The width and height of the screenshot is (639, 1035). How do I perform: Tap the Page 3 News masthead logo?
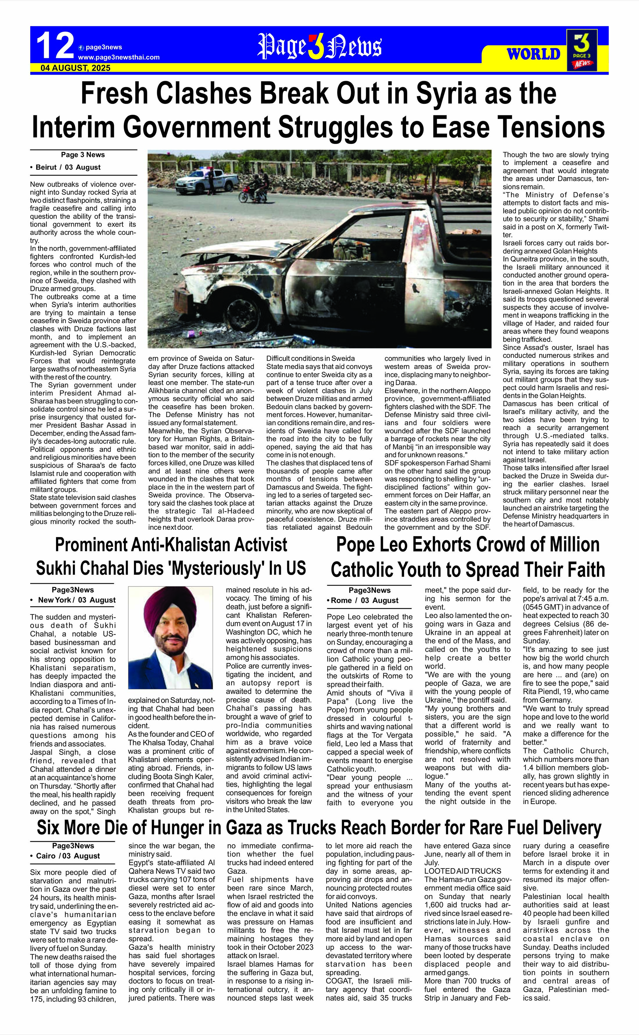[319, 46]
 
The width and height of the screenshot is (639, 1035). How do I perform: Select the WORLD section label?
[533, 54]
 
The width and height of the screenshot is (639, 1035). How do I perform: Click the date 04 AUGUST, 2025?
[76, 68]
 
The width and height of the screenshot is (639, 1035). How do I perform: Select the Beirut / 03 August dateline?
[66, 167]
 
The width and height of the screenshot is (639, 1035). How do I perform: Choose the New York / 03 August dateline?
[73, 600]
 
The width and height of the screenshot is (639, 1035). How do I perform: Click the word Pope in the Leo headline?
[360, 545]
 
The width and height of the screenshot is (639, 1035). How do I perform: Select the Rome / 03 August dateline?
[362, 600]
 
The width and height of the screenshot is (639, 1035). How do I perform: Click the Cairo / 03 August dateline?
[66, 856]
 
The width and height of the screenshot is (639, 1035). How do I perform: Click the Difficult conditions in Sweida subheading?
[310, 359]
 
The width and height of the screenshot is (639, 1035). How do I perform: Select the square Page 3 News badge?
[582, 50]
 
